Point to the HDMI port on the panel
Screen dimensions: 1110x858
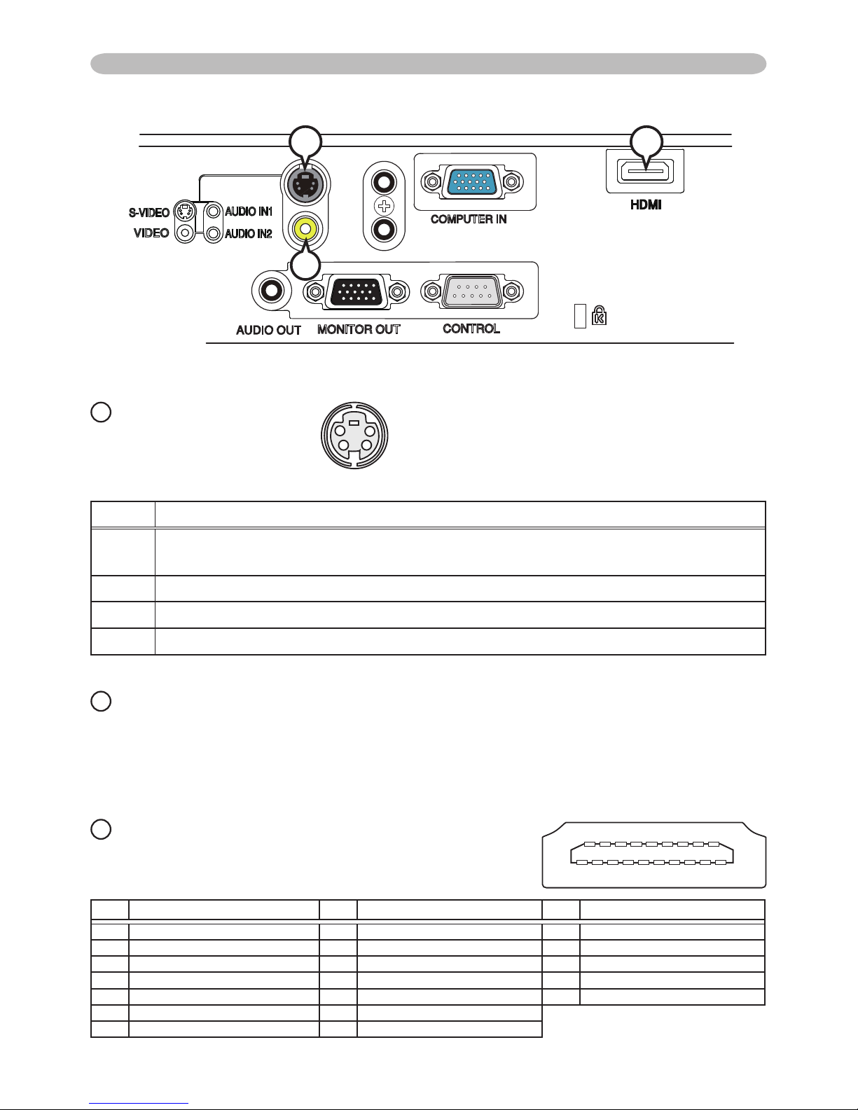click(644, 172)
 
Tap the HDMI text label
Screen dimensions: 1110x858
click(644, 205)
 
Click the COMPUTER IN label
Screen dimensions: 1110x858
click(469, 219)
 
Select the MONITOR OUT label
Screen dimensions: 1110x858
click(359, 329)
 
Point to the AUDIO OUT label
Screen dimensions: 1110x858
click(268, 330)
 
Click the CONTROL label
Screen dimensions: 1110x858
click(471, 328)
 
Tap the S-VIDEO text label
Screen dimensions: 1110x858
click(148, 212)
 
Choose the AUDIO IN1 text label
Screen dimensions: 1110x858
click(248, 211)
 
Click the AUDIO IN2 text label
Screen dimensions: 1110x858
click(248, 234)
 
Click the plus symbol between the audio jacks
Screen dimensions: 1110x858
click(382, 206)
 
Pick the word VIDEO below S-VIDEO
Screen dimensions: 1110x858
click(151, 233)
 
